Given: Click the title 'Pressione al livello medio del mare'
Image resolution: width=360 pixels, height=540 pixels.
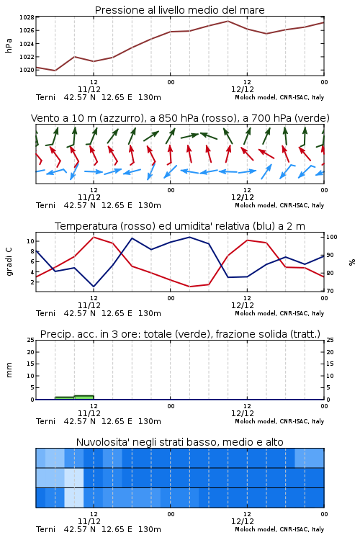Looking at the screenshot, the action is tap(179, 10).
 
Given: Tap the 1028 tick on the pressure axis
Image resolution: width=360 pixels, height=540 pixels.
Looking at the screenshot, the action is tap(27, 17).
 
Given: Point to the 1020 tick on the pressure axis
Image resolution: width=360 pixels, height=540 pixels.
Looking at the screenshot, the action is tap(27, 70).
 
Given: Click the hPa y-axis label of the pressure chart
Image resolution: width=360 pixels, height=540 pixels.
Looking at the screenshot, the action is tap(9, 45).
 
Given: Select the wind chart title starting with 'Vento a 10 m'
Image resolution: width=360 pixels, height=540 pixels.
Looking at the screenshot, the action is tap(180, 118).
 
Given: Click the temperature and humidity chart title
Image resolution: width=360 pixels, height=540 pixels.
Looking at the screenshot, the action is tap(180, 226).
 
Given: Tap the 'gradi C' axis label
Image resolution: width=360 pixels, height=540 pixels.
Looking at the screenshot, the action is tap(9, 261).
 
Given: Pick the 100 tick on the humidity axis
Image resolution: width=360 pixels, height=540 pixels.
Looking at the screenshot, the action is tap(332, 237).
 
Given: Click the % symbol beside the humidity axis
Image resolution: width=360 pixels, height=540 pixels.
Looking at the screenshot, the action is tap(352, 262).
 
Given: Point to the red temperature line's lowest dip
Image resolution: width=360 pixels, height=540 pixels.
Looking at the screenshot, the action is tap(190, 287).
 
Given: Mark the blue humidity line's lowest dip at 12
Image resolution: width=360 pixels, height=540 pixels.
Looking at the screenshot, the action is tap(94, 287).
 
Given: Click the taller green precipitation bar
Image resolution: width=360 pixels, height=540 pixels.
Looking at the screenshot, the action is tap(84, 397).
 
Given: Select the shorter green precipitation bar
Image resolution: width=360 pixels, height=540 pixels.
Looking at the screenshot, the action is tap(65, 398).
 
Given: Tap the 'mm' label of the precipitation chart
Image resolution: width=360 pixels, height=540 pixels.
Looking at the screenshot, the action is tap(9, 370).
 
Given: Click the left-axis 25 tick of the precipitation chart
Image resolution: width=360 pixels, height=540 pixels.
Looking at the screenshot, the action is tap(31, 340).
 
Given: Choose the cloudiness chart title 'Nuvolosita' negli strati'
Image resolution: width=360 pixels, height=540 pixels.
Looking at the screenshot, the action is tap(179, 442).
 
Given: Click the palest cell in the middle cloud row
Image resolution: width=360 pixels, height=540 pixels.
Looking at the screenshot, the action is tap(74, 477).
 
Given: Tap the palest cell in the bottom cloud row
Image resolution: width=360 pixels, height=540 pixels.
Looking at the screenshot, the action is tap(74, 498).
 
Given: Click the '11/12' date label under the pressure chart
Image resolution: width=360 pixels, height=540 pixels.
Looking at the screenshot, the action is tap(89, 89).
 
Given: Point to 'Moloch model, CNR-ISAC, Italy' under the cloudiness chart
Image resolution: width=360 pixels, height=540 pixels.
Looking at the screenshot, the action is tap(279, 529).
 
